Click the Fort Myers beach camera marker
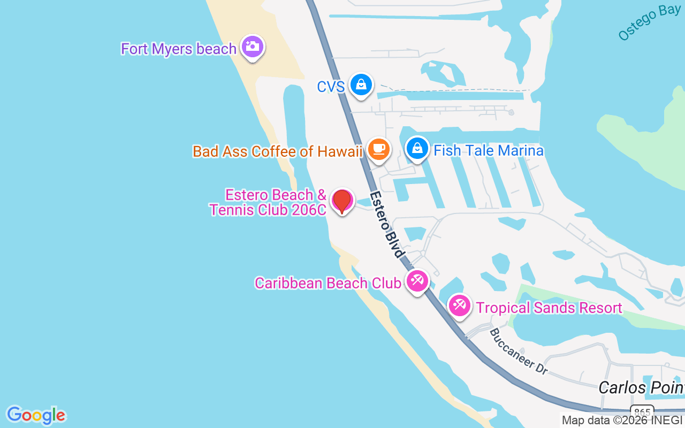pyautogui.click(x=252, y=47)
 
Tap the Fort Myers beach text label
pyautogui.click(x=178, y=49)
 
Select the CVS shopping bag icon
pyautogui.click(x=361, y=85)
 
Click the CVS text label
pyautogui.click(x=331, y=87)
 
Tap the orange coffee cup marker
pyautogui.click(x=379, y=149)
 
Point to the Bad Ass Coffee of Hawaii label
pyautogui.click(x=278, y=151)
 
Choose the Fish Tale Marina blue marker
pyautogui.click(x=417, y=148)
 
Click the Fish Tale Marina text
pyautogui.click(x=489, y=150)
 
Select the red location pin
pyautogui.click(x=341, y=201)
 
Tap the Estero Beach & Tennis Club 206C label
pyautogui.click(x=268, y=202)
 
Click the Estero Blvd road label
pyautogui.click(x=386, y=225)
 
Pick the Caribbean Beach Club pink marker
pyautogui.click(x=417, y=281)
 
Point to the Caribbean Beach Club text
pyautogui.click(x=328, y=283)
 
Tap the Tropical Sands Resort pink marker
pyautogui.click(x=459, y=305)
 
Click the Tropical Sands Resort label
pyautogui.click(x=549, y=308)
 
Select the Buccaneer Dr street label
pyautogui.click(x=519, y=351)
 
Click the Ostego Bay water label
pyautogui.click(x=649, y=23)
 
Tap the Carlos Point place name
pyautogui.click(x=641, y=387)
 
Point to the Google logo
pyautogui.click(x=36, y=415)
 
